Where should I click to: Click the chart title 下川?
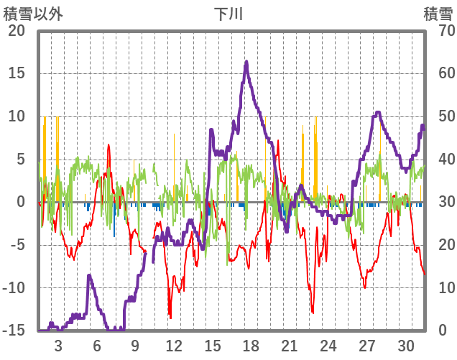point(228,13)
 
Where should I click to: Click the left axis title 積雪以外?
point(33,13)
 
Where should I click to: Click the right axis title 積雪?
point(438,13)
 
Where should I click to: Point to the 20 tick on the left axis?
point(17,31)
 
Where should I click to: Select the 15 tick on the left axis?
point(17,73)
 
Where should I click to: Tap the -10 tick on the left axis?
point(14,288)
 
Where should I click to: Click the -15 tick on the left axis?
point(14,331)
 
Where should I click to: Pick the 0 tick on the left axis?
point(21,202)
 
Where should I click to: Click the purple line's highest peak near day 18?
point(246,63)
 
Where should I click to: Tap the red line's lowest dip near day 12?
point(170,317)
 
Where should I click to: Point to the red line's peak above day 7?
point(109,145)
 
